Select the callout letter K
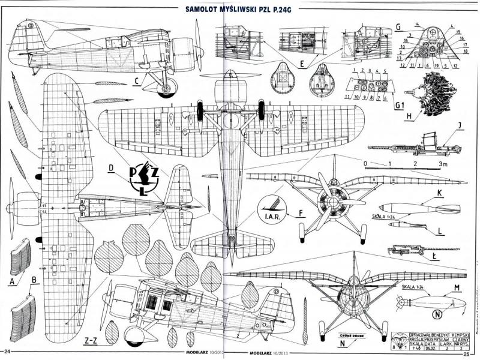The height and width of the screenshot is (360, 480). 440,193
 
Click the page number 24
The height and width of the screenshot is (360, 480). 8,351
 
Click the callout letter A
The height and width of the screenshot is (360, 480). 13,280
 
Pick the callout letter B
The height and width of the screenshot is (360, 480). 34,278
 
